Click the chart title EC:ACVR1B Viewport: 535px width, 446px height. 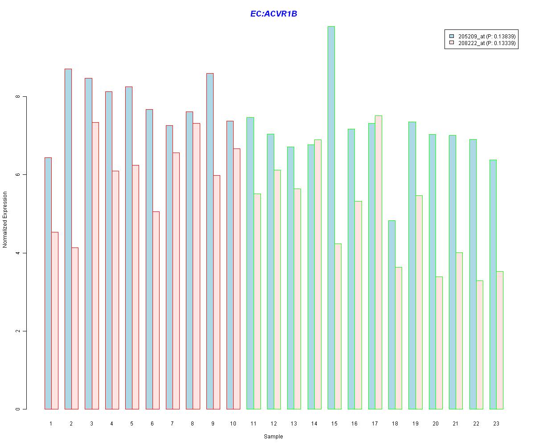tap(273, 14)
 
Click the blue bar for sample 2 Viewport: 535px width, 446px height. tap(68, 239)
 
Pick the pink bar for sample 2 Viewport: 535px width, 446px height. tap(75, 328)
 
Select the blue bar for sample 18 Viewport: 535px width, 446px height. tap(392, 314)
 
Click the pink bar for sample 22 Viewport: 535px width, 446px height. tap(480, 345)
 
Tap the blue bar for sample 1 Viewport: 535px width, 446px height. tap(48, 283)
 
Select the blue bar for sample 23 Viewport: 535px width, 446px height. tap(493, 284)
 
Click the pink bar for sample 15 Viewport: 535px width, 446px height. tap(338, 326)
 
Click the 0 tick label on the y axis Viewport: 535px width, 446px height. tap(18, 409)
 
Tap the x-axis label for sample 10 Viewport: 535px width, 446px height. tap(233, 423)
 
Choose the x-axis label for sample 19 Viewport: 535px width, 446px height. tap(416, 423)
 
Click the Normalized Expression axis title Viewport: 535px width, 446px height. tap(5, 219)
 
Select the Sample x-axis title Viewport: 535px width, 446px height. tap(273, 437)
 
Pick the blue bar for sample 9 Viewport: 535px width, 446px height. tap(210, 241)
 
